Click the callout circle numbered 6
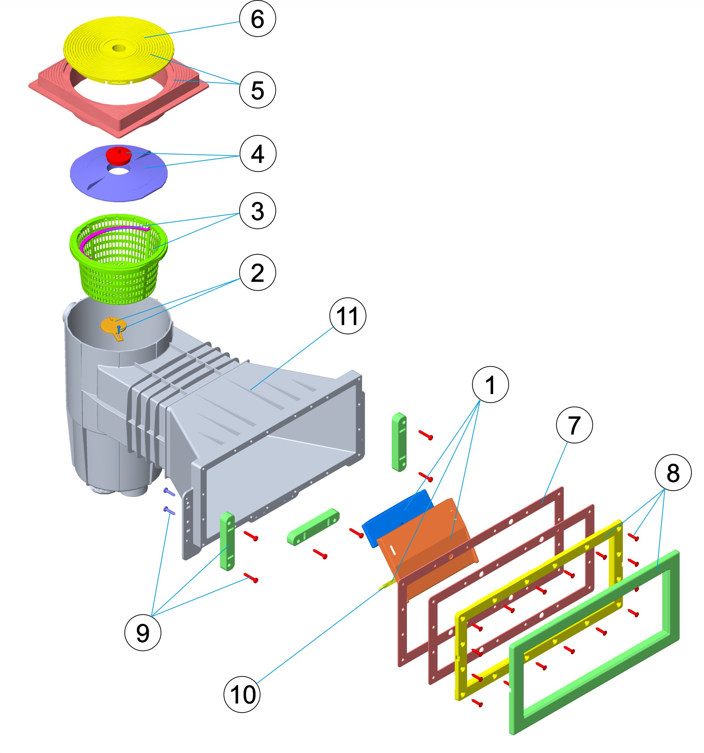click(x=257, y=19)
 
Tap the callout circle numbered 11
click(x=347, y=316)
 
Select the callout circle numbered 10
click(x=242, y=694)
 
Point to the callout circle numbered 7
click(x=574, y=425)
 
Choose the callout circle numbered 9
click(x=143, y=632)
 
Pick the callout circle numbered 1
click(x=490, y=385)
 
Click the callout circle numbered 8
click(x=673, y=472)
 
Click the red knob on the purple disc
click(x=119, y=154)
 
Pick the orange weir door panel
click(x=428, y=545)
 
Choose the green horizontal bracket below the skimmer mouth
click(x=313, y=526)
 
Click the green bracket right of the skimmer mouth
click(x=399, y=442)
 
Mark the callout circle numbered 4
click(x=258, y=153)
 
